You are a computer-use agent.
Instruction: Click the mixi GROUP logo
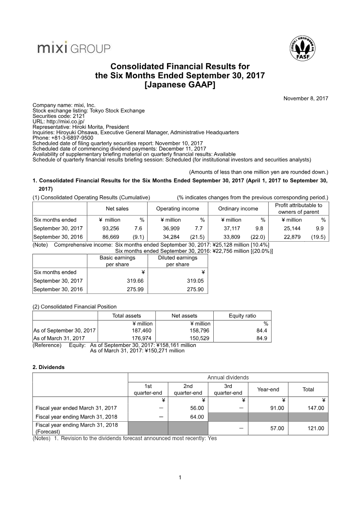[73, 48]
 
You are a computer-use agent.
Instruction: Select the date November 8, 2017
[306, 98]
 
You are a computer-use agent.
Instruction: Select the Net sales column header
[117, 208]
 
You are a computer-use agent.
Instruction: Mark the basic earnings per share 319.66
[135, 281]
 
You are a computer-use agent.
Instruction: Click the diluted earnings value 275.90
[196, 289]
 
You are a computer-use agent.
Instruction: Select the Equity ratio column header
[242, 316]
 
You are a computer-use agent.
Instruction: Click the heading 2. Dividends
[49, 367]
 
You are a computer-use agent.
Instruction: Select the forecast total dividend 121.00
[315, 428]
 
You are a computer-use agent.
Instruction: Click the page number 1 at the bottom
[180, 477]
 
